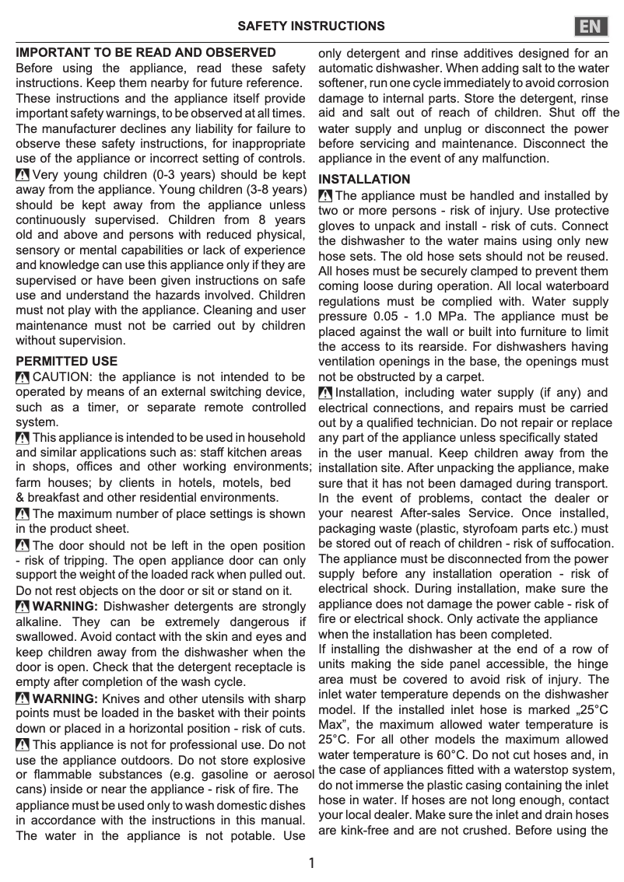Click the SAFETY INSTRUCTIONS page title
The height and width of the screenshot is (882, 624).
pyautogui.click(x=310, y=26)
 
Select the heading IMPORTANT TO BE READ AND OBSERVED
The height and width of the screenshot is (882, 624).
pyautogui.click(x=146, y=53)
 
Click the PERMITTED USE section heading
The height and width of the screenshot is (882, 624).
pyautogui.click(x=67, y=362)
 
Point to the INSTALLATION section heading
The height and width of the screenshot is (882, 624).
pyautogui.click(x=364, y=180)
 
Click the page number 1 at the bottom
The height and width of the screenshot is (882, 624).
pyautogui.click(x=311, y=863)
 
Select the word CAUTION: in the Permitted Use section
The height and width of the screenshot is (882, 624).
pyautogui.click(x=62, y=377)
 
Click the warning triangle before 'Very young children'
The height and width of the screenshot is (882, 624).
pyautogui.click(x=23, y=175)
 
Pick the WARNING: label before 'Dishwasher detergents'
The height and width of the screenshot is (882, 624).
pyautogui.click(x=65, y=607)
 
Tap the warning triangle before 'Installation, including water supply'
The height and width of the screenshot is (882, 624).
pyautogui.click(x=325, y=394)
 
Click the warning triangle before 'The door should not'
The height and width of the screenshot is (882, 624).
pyautogui.click(x=23, y=546)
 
